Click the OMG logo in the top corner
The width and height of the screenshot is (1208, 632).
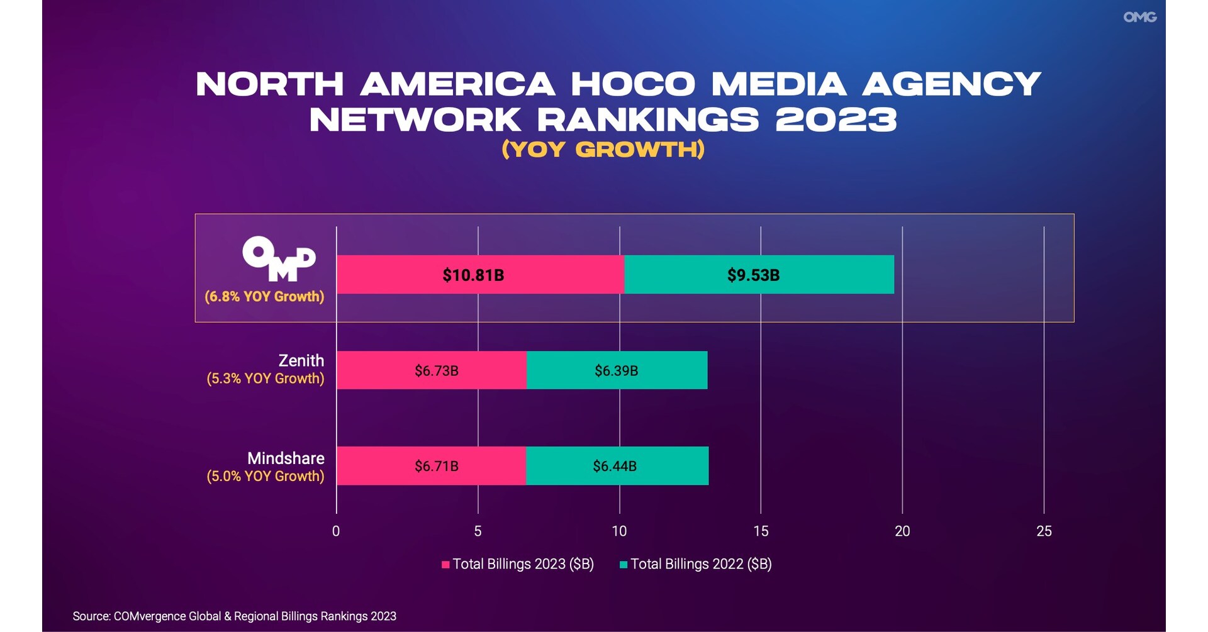coord(1139,17)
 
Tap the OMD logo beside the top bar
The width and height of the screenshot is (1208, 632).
coord(279,258)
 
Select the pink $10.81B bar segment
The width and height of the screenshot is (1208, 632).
coord(480,275)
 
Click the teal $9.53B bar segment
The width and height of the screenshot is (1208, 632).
coord(758,275)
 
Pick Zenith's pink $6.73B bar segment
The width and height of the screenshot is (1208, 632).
coord(432,370)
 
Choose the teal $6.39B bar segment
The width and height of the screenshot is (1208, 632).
coord(617,370)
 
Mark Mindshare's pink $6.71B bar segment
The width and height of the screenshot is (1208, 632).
coord(432,466)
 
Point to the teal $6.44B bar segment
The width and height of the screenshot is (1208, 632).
coord(617,466)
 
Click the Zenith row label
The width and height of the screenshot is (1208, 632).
coord(301,360)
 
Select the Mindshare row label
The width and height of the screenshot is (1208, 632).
coord(286,458)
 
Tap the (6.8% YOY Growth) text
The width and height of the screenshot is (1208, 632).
coord(264,296)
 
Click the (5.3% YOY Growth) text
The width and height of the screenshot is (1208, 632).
coord(266,378)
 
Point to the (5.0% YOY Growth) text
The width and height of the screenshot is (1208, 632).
coord(266,476)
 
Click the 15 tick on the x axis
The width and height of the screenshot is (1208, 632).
coord(761,531)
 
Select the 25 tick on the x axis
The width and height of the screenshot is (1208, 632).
coord(1044,531)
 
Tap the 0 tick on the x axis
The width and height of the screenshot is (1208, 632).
coord(336,531)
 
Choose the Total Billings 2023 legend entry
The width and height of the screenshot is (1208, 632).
coord(518,564)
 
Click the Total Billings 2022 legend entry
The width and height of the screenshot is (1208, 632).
coord(696,564)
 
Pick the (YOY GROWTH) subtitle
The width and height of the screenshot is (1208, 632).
coord(603,150)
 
